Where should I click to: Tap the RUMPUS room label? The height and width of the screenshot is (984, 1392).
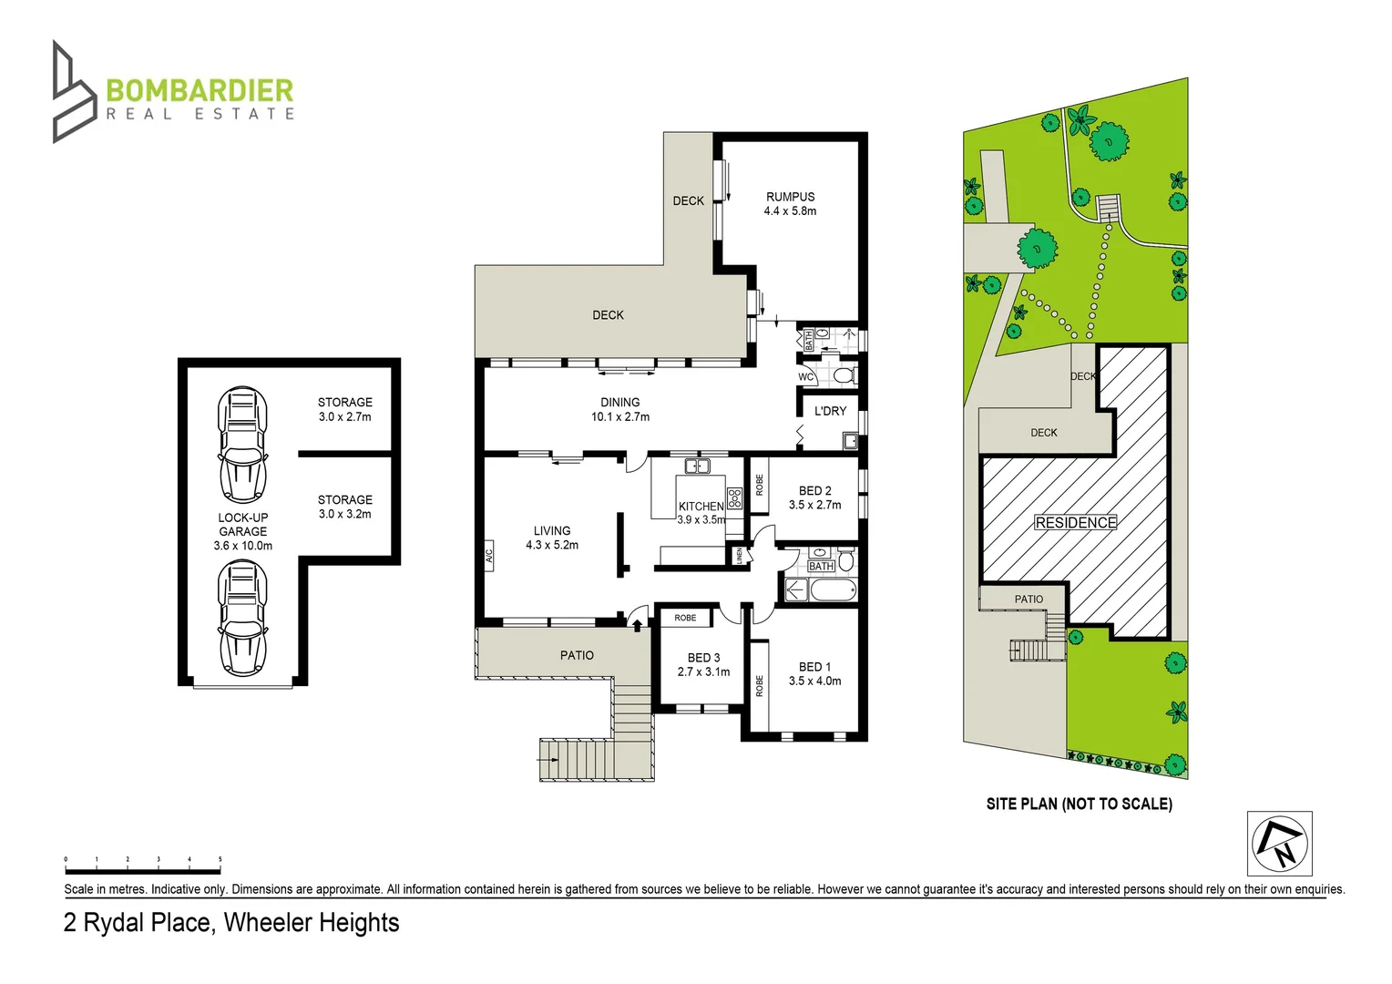(x=790, y=203)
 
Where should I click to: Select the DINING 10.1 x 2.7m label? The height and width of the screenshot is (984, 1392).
(x=619, y=409)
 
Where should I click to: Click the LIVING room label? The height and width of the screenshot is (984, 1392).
(x=552, y=538)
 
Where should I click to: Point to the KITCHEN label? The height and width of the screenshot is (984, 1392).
(x=701, y=507)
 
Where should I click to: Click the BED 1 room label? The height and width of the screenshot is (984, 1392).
(x=814, y=673)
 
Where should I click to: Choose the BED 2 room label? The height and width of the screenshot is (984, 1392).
(x=814, y=497)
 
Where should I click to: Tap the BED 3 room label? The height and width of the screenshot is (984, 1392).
(x=703, y=664)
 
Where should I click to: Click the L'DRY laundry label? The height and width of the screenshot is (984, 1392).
(x=830, y=411)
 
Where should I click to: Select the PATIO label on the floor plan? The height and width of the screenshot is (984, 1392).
(x=577, y=655)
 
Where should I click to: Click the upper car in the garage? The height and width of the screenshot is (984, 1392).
(x=242, y=445)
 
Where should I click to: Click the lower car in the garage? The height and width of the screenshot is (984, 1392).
(x=242, y=618)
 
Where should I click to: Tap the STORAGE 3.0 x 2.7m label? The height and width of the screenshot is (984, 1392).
(x=344, y=409)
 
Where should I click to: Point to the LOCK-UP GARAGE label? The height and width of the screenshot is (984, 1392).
(x=242, y=531)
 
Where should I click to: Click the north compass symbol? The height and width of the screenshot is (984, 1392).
(x=1279, y=844)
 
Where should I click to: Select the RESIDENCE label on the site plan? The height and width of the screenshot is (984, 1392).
(x=1075, y=523)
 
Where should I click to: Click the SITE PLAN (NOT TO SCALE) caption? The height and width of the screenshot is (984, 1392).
(x=1079, y=804)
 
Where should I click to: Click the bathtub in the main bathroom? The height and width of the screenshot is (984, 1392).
(x=833, y=590)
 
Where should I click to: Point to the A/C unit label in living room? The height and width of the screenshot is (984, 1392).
(x=488, y=554)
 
